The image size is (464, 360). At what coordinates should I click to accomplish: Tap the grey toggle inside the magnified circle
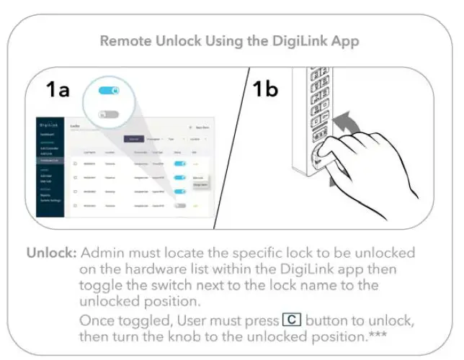tap(108, 114)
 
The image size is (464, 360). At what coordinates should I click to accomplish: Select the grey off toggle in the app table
tap(180, 205)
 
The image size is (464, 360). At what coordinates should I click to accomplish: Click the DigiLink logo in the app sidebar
tap(49, 125)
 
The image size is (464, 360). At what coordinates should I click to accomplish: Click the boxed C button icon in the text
tap(292, 319)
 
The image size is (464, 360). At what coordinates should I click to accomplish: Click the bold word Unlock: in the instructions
tap(51, 253)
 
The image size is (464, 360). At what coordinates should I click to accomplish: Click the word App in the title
tap(344, 40)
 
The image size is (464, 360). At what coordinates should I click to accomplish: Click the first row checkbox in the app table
tap(75, 163)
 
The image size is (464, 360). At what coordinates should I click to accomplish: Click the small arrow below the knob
tap(332, 184)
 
